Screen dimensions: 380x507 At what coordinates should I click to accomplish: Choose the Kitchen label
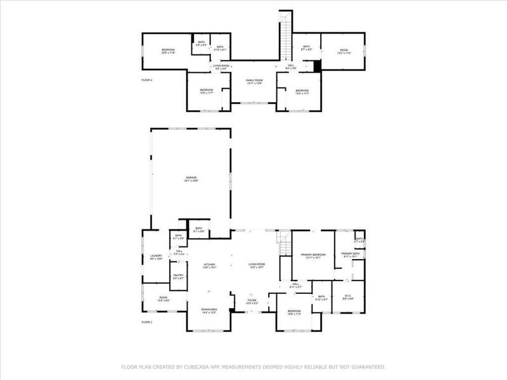coord(210,266)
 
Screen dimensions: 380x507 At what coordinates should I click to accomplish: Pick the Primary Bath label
coord(350,255)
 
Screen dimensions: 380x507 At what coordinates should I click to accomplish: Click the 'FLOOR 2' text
coord(147,80)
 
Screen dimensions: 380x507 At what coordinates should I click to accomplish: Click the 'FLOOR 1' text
coord(147,322)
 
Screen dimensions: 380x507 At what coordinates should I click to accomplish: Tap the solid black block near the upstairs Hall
coord(318,65)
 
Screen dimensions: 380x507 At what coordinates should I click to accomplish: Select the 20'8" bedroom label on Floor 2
coord(167,51)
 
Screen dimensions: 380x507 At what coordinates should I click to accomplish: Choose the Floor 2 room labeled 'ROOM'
coord(344,51)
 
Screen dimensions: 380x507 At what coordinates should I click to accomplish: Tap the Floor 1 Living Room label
coord(256,266)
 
